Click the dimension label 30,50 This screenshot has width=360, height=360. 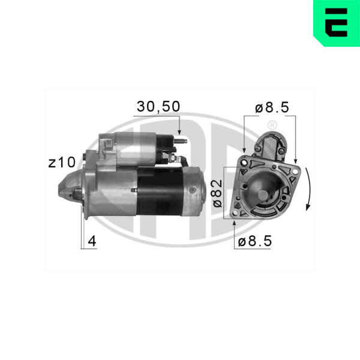158,107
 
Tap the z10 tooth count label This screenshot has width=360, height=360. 62,163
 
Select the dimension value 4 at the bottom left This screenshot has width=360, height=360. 92,241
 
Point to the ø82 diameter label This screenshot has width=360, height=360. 217,194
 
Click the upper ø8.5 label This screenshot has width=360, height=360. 272,107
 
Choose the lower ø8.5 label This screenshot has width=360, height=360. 255,241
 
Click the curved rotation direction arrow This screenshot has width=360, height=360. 308,189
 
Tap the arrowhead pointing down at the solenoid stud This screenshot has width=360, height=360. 179,132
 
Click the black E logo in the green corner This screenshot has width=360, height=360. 337,23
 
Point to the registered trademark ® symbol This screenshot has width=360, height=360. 272,125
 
